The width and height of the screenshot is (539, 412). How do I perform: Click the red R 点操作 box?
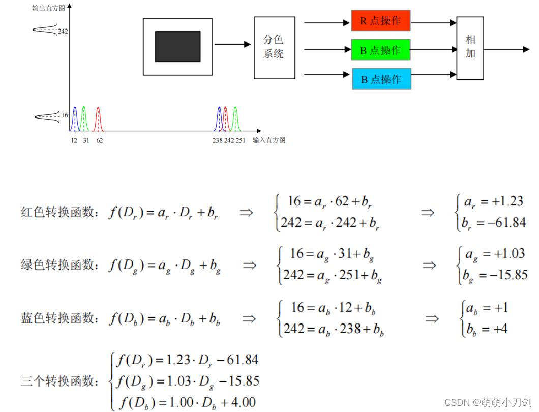[x=380, y=20]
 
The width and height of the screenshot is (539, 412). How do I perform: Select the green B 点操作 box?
[x=380, y=50]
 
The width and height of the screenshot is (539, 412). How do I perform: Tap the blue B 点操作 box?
[x=381, y=79]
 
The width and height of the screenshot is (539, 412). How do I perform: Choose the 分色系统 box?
[x=274, y=47]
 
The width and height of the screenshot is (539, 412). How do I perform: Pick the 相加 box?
[x=470, y=48]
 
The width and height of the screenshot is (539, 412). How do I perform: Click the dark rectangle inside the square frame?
[x=177, y=46]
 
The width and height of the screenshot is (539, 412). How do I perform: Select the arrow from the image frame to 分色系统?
[x=234, y=44]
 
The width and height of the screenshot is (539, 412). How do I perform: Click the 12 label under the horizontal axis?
[x=74, y=140]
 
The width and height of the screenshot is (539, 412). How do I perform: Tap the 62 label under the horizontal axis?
[x=99, y=140]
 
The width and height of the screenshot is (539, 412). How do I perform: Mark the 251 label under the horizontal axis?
[x=240, y=140]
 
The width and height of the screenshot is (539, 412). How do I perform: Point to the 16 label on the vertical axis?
[x=65, y=115]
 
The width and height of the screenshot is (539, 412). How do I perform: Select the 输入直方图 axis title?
[x=269, y=140]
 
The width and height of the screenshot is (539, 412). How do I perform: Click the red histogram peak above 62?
[x=98, y=118]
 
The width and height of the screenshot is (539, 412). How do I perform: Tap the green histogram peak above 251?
[x=235, y=118]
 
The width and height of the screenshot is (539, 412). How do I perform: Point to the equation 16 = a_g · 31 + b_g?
[x=334, y=254]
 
